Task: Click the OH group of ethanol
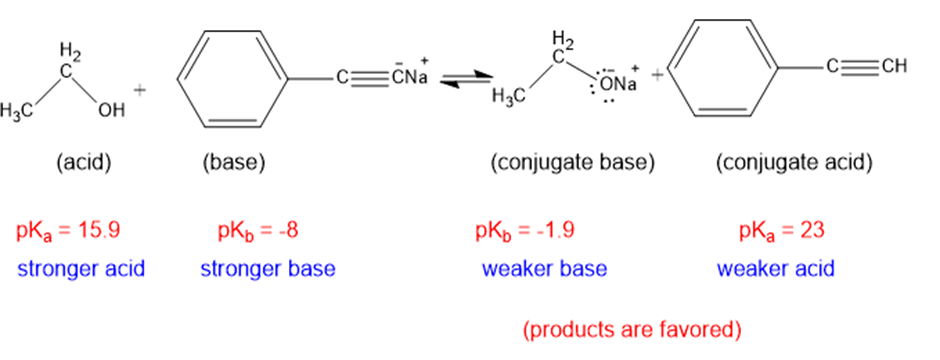pos(112,110)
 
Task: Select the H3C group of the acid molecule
pos(16,111)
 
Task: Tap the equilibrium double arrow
pos(466,80)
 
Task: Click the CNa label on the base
pos(410,77)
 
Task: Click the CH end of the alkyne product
pos(894,66)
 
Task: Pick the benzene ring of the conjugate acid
pos(721,68)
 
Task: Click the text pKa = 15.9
pos(68,231)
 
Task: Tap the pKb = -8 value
pos(258,231)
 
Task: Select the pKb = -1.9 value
pos(525,231)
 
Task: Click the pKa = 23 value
pos(782,231)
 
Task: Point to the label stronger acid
pos(82,269)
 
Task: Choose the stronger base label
pos(268,269)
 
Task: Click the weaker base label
pos(544,269)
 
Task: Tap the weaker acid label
pos(776,269)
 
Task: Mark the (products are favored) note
pos(632,329)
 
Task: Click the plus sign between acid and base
pos(140,90)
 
